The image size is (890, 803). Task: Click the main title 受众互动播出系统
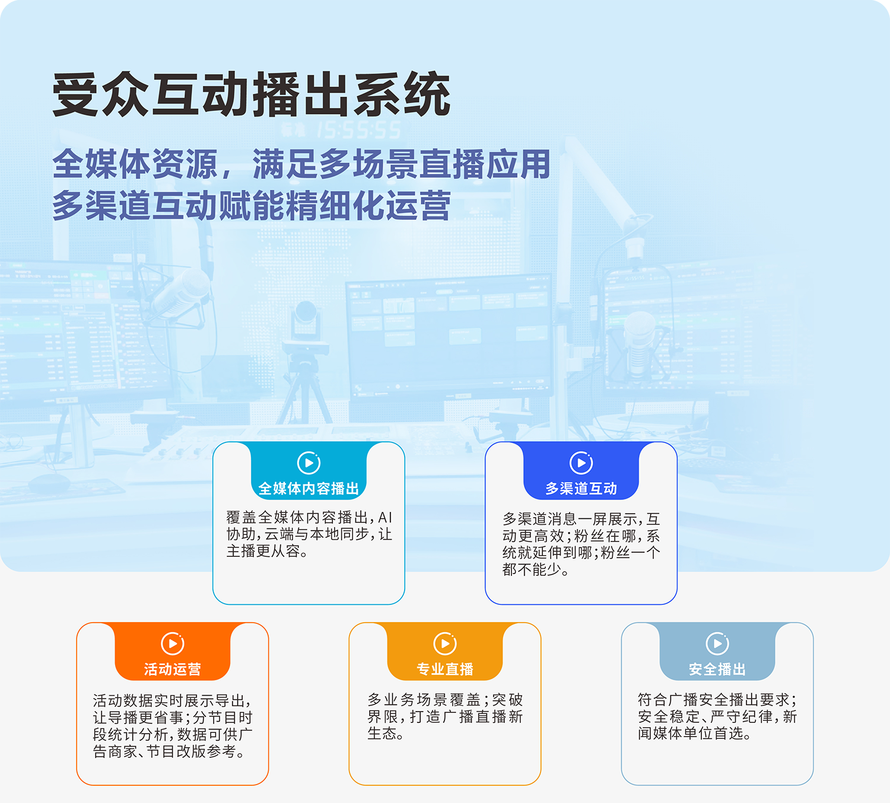point(252,94)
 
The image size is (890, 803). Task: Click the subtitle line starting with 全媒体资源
point(301,164)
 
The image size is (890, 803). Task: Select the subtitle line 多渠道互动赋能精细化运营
point(252,205)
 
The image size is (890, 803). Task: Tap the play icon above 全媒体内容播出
point(309,463)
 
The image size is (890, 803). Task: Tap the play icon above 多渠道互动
point(581,463)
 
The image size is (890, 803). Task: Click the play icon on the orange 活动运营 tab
point(173,643)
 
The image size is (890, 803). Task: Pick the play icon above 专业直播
point(445,643)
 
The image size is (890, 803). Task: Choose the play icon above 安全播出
point(717,643)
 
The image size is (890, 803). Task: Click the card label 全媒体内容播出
point(309,489)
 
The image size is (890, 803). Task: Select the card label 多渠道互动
point(581,489)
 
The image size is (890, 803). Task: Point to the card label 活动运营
point(173,669)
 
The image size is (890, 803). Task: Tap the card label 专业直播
point(445,669)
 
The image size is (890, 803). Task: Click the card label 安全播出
point(717,669)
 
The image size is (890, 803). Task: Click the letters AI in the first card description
point(385,517)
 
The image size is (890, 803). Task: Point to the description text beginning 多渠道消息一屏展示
point(581,544)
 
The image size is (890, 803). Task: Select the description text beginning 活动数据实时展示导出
point(173,726)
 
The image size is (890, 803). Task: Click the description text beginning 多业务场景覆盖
point(445,716)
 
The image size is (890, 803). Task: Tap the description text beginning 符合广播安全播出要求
point(717,716)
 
